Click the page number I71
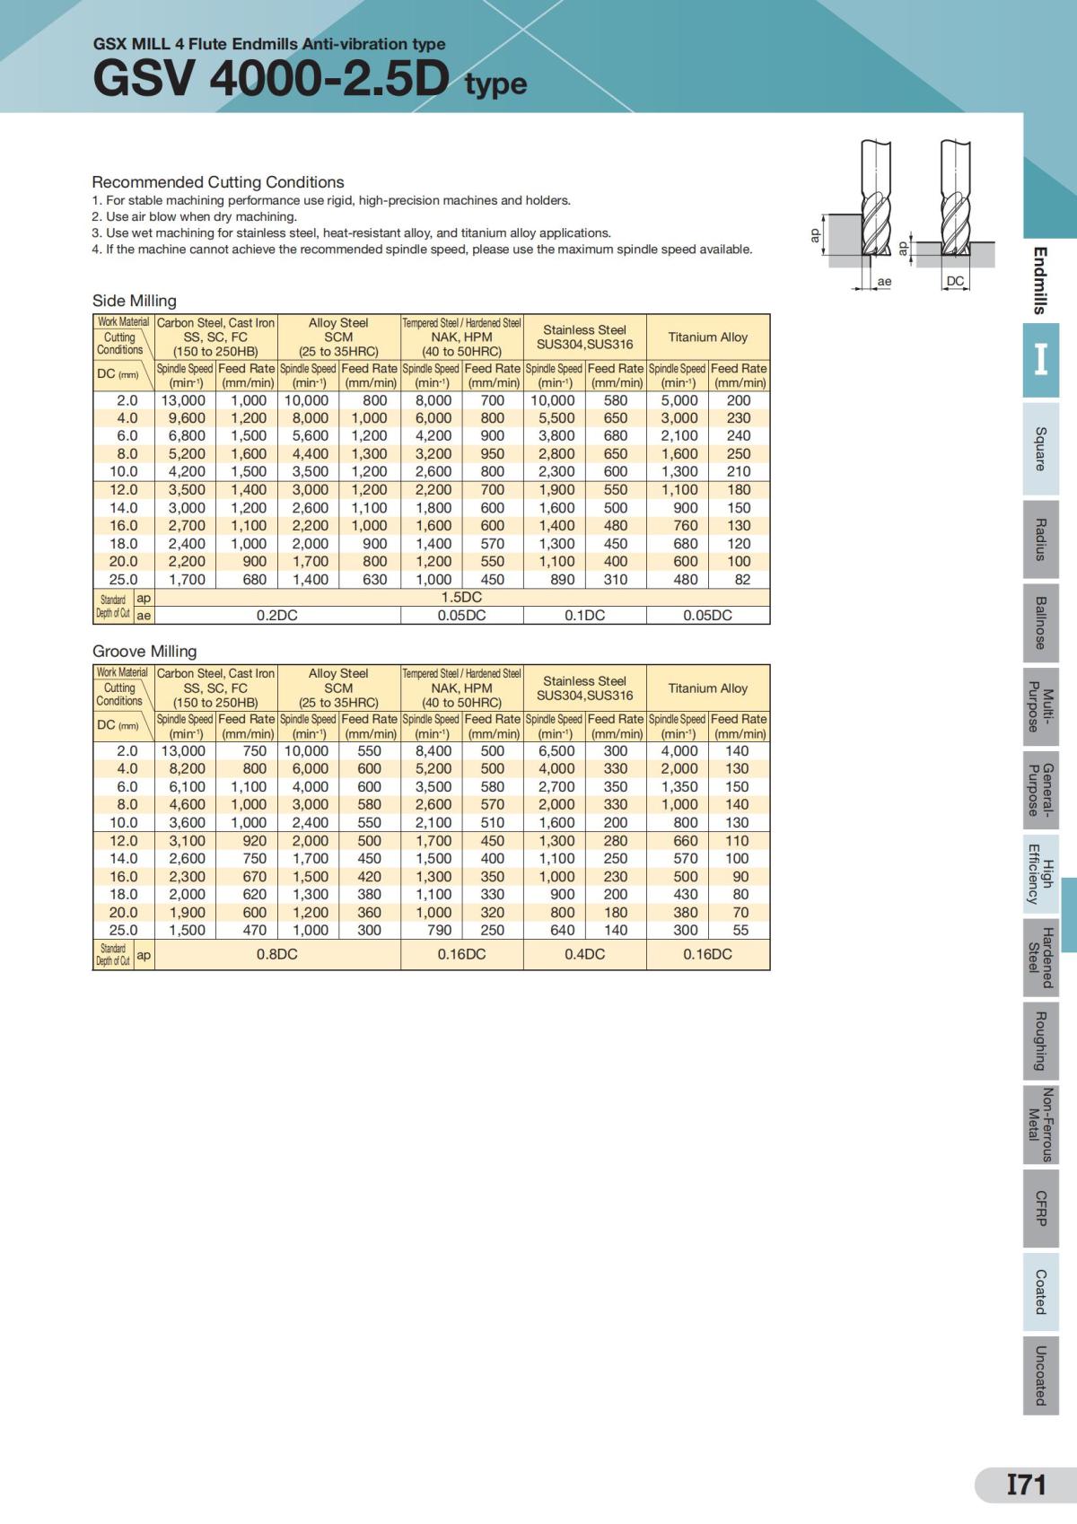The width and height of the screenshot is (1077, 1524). [1026, 1485]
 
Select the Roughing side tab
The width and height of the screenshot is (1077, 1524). [1040, 1041]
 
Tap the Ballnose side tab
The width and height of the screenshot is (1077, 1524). [1040, 622]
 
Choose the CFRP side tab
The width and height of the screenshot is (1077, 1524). [1040, 1208]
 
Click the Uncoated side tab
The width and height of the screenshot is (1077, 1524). [1040, 1375]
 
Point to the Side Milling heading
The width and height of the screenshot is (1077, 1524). [135, 301]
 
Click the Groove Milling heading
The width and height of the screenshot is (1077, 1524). [144, 651]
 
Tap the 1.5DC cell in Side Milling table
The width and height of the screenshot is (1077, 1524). [461, 597]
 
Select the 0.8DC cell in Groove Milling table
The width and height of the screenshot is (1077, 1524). [276, 954]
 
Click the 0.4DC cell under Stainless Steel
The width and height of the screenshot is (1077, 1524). [584, 954]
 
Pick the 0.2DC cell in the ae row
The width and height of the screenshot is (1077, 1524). [276, 615]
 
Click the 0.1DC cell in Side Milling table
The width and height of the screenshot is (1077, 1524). [584, 615]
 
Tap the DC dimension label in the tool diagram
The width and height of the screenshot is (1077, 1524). [955, 281]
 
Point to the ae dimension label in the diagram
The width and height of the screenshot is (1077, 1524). [884, 282]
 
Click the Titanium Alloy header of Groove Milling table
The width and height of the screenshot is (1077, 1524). [707, 688]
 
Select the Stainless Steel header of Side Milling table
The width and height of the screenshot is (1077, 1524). [584, 337]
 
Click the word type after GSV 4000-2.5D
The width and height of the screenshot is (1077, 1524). [495, 83]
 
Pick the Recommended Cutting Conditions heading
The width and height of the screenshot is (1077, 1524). [218, 182]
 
